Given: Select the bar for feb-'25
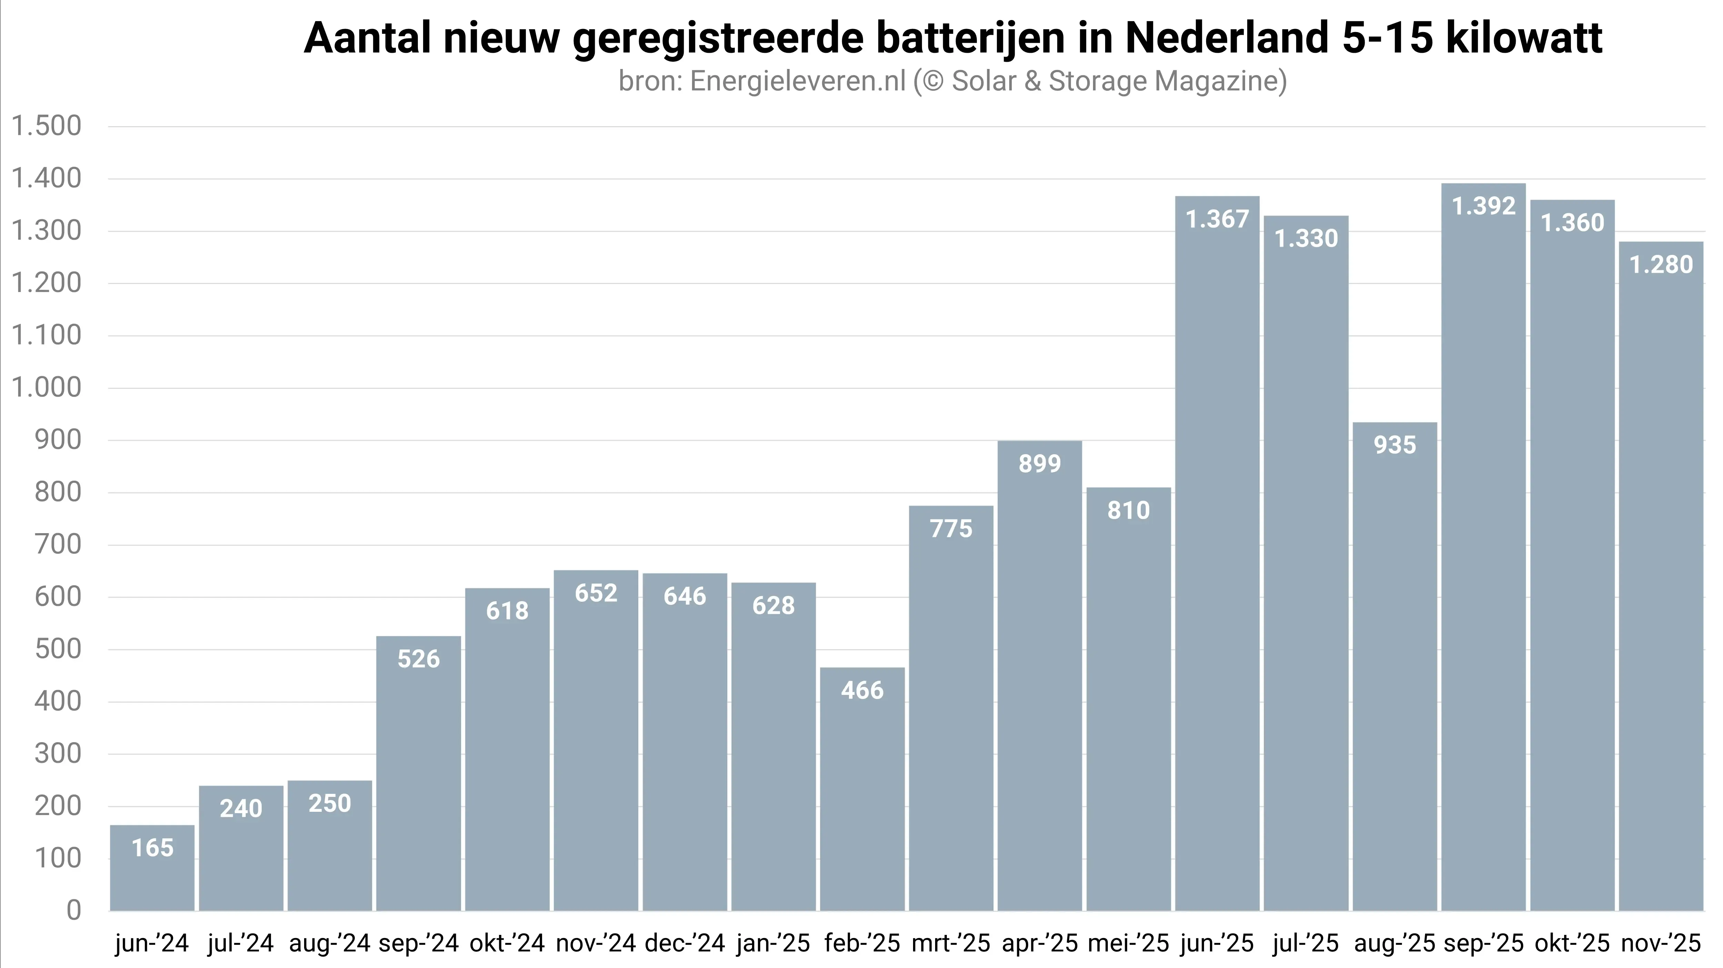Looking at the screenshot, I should coord(862,789).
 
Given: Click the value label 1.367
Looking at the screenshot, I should coord(1217,219).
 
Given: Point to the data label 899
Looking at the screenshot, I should coord(1039,463).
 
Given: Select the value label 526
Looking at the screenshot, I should coord(419,659).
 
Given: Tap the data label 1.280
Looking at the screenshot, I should coord(1661,265).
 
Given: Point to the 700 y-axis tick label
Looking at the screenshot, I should coord(58,545).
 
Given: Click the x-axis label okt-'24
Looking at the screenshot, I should coord(507,943).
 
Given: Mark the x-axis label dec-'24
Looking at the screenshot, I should coord(685,943).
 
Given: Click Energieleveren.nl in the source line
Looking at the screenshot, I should coord(797,81).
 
